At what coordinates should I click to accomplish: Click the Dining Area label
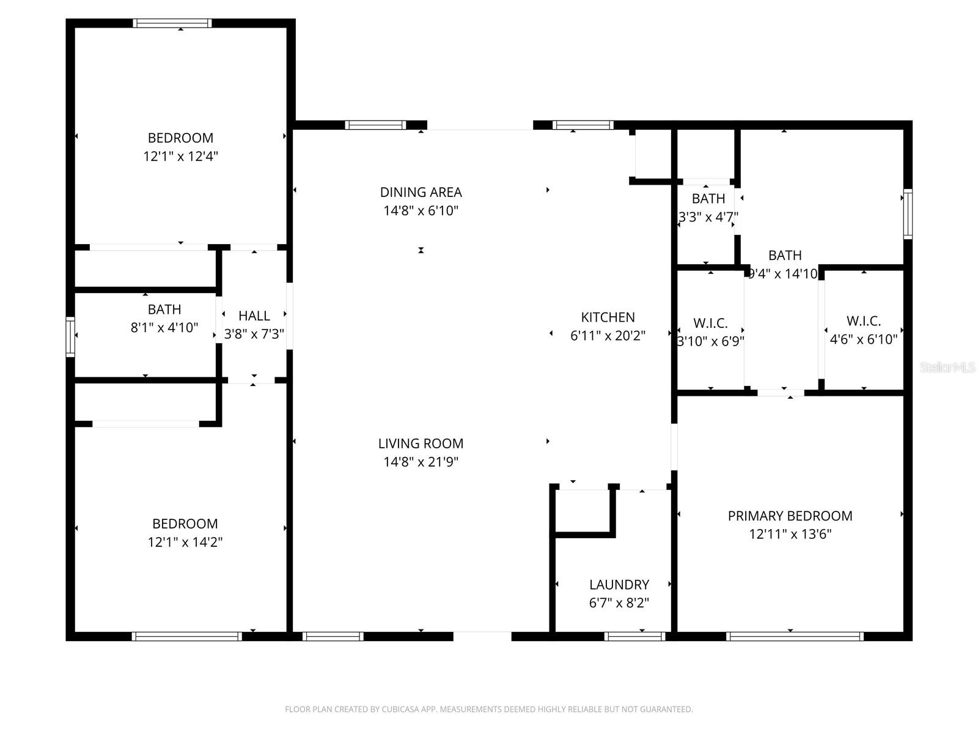click(x=421, y=192)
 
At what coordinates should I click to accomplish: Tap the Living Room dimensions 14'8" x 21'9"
click(x=421, y=462)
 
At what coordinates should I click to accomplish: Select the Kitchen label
click(x=608, y=317)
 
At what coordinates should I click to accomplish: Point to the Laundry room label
click(x=619, y=584)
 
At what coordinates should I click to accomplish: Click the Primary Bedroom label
click(x=790, y=516)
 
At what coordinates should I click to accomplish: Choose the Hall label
click(x=254, y=316)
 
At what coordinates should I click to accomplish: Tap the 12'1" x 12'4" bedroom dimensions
click(x=180, y=156)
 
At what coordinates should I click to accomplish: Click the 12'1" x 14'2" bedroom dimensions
click(x=185, y=542)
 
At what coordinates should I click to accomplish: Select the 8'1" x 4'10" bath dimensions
click(x=164, y=327)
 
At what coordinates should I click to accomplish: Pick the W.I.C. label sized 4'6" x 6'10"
click(x=863, y=321)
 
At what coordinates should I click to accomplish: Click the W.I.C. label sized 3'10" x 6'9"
click(x=710, y=323)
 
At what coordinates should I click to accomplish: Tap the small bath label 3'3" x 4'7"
click(x=708, y=198)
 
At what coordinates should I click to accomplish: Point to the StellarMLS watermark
click(x=947, y=367)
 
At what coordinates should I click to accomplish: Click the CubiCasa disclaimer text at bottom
click(x=488, y=710)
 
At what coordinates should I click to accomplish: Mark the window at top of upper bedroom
click(x=172, y=23)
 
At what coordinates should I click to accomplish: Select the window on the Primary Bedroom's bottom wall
click(x=794, y=636)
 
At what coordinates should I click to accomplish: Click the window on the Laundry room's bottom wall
click(x=634, y=636)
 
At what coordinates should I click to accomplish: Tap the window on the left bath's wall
click(x=70, y=336)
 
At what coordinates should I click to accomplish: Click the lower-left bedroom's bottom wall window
click(x=186, y=636)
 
